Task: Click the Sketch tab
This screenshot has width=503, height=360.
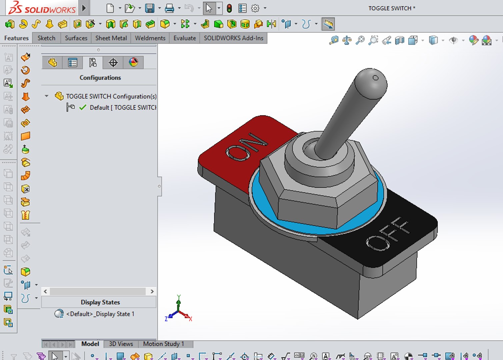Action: [46, 38]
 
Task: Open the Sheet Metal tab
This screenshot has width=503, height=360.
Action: [111, 38]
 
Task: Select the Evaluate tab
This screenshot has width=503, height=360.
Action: [184, 38]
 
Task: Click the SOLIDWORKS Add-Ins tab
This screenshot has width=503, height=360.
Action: [233, 38]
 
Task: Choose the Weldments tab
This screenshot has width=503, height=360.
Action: [150, 38]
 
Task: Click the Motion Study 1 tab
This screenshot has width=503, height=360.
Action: [163, 344]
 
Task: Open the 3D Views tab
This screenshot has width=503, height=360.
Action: [121, 344]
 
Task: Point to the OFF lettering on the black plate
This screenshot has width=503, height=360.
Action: [388, 233]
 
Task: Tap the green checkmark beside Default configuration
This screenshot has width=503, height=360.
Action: [83, 107]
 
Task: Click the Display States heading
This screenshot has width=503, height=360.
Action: [100, 302]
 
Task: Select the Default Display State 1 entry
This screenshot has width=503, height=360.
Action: [100, 314]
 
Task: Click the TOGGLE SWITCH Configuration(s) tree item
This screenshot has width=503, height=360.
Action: [111, 96]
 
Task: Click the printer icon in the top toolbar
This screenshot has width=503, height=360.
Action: [169, 8]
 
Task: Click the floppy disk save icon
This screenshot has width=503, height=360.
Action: [150, 8]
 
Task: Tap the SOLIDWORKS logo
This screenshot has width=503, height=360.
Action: [42, 8]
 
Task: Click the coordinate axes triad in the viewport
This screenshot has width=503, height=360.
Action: [178, 310]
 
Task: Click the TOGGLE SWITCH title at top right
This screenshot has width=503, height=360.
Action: [391, 8]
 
